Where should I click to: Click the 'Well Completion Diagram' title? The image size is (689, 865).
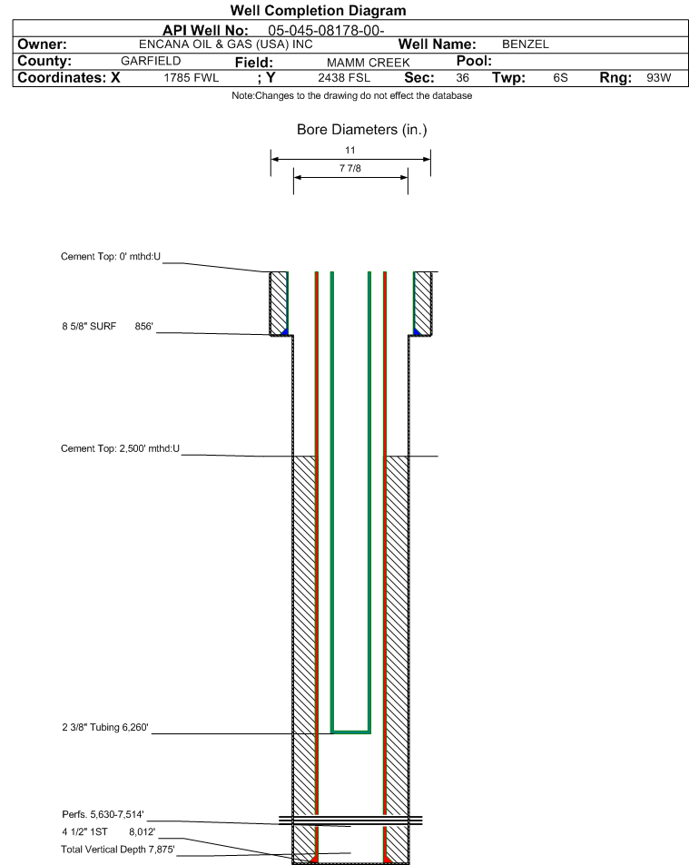(318, 11)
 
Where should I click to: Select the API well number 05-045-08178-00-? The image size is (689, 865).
(326, 30)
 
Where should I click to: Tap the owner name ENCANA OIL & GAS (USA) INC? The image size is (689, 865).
(226, 44)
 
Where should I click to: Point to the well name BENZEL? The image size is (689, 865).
(526, 44)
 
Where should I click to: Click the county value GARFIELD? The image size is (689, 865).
(151, 61)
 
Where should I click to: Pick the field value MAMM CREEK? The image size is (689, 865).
(368, 63)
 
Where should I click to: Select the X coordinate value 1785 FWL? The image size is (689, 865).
(191, 78)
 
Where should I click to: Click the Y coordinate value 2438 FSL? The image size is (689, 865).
(344, 78)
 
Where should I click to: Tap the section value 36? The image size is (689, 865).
(462, 78)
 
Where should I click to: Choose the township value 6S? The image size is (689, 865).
(560, 78)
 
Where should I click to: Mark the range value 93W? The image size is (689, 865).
(659, 78)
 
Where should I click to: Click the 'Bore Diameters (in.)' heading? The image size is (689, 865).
(362, 130)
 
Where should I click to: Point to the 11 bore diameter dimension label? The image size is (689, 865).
(350, 150)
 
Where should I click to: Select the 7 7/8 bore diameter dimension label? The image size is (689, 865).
(350, 168)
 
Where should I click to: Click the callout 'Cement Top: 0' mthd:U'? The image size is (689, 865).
(111, 257)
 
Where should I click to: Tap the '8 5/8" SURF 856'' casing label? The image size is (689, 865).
(107, 326)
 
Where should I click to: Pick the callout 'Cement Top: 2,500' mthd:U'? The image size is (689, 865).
(120, 448)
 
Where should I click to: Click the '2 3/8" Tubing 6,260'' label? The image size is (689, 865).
(104, 727)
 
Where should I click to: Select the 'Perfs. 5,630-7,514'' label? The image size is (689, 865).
(103, 814)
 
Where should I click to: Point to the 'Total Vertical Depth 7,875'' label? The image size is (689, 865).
(117, 849)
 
